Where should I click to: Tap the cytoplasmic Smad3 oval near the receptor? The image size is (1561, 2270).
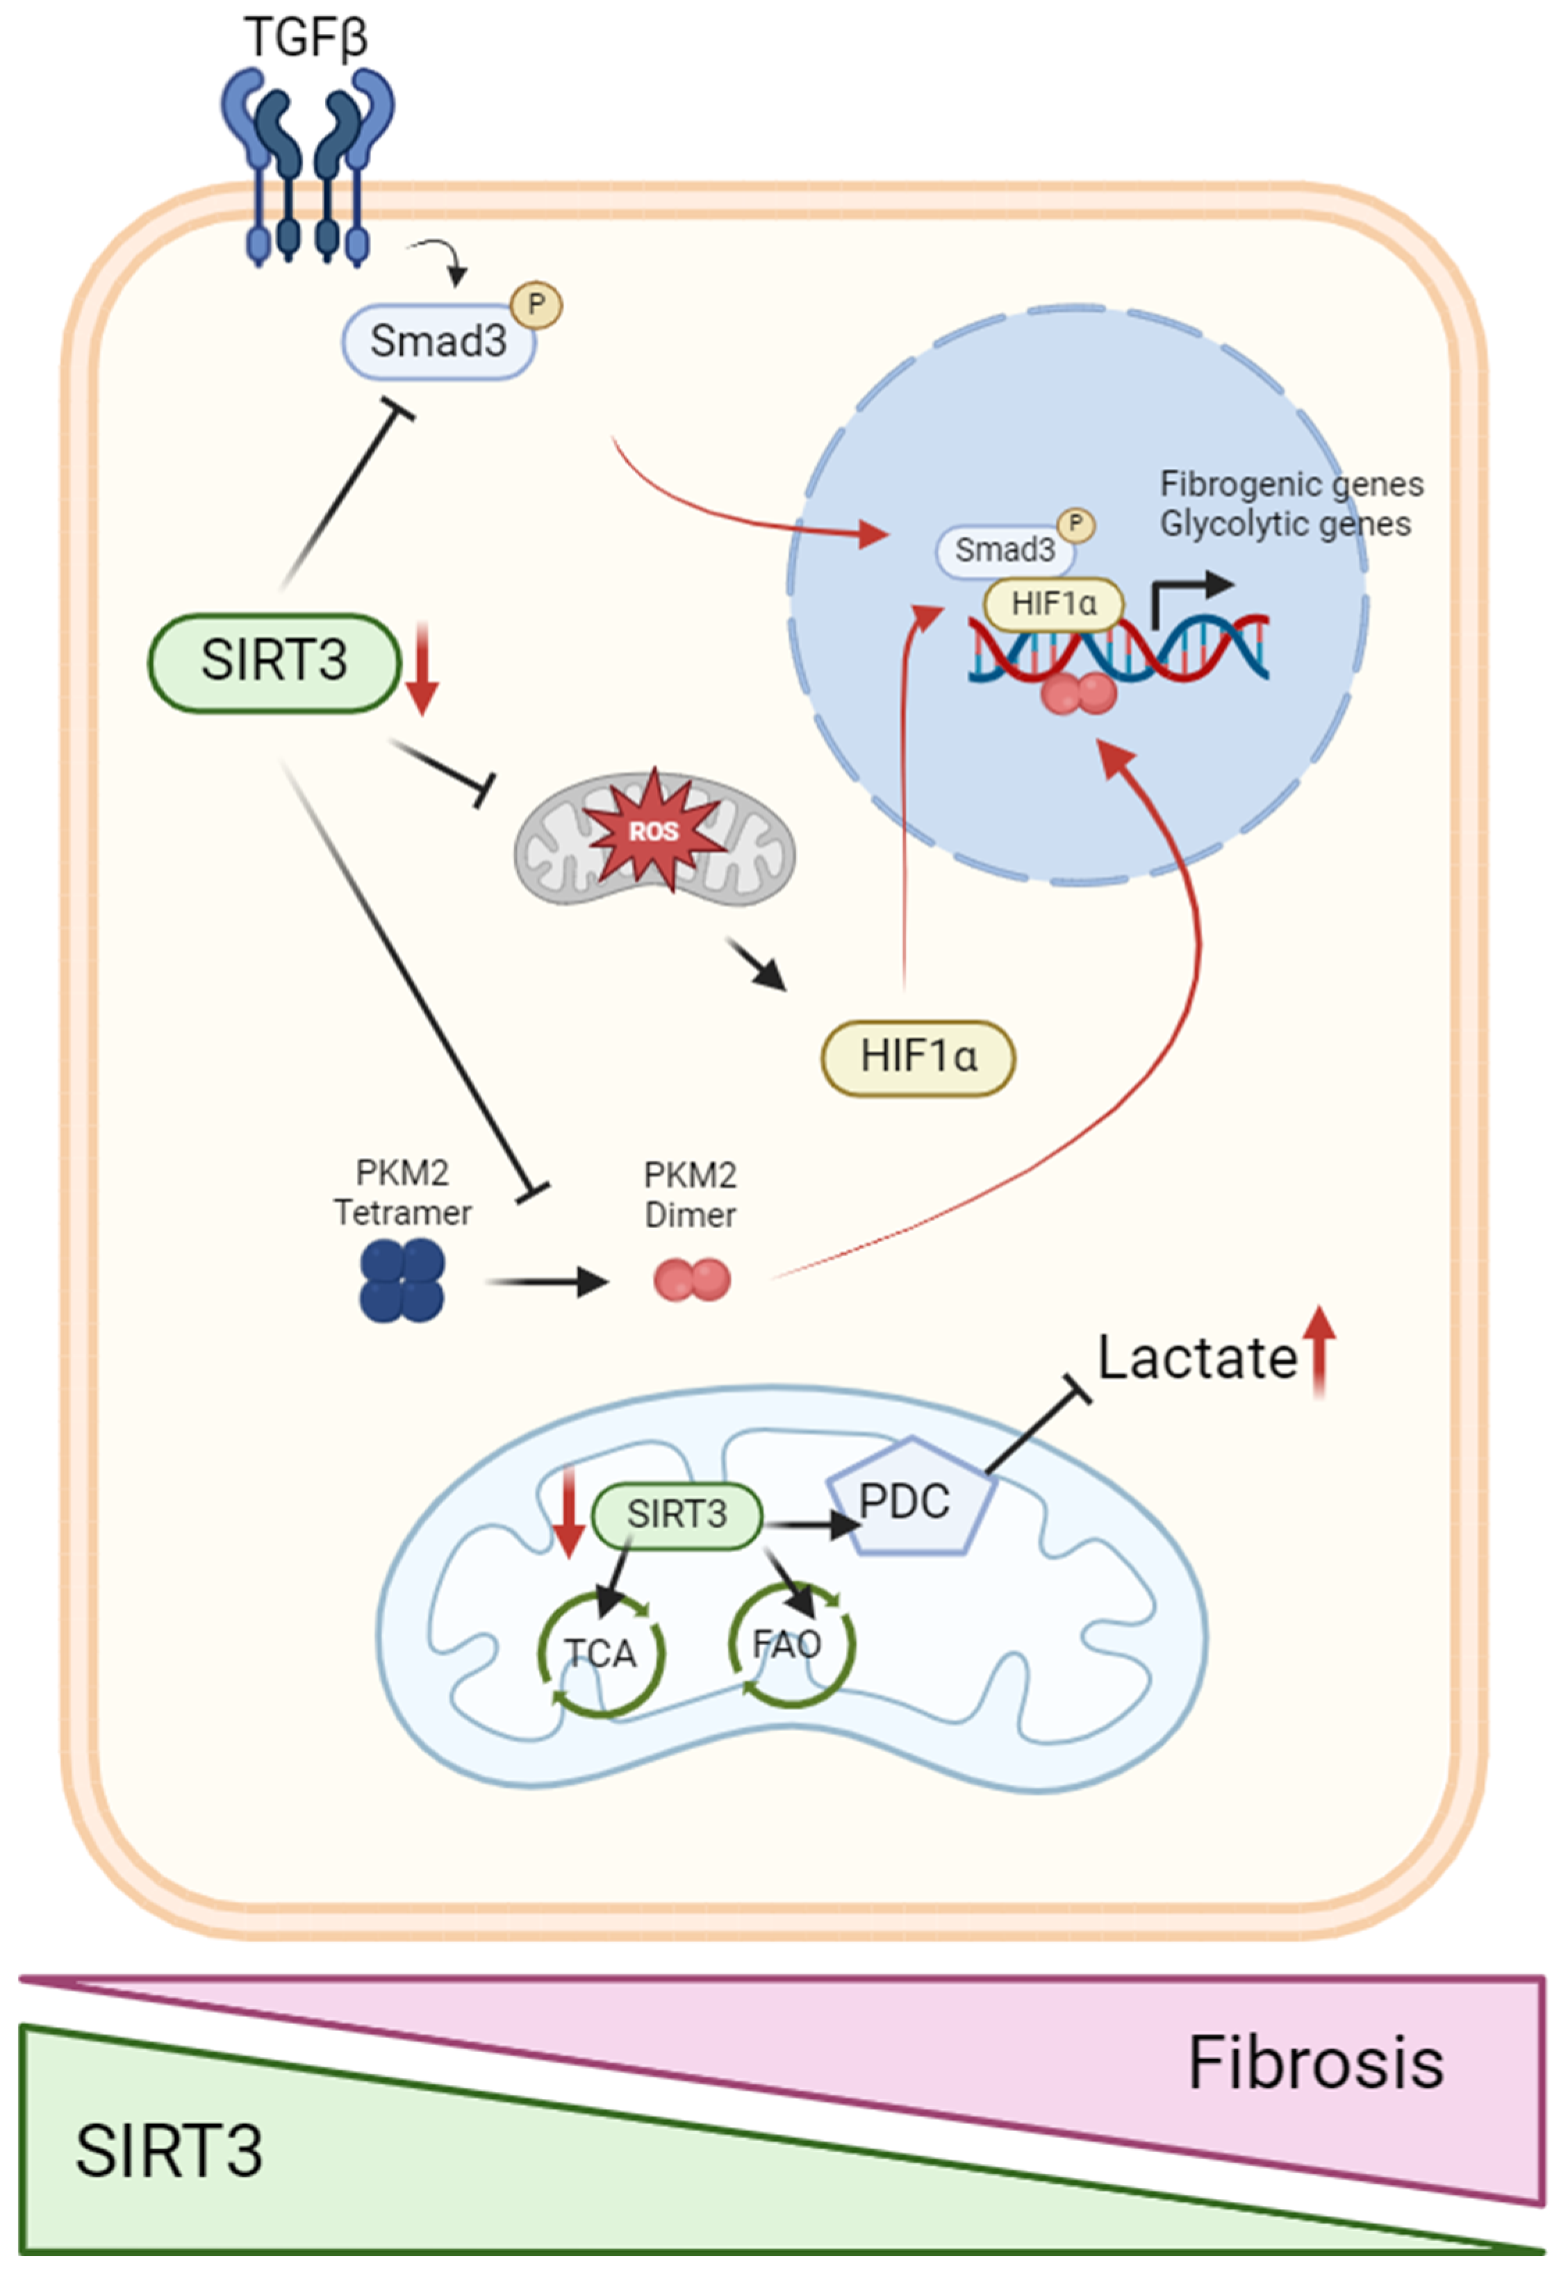tap(438, 341)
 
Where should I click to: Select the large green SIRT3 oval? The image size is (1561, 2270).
tap(275, 661)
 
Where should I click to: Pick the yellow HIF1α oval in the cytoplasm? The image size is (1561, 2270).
tap(918, 1057)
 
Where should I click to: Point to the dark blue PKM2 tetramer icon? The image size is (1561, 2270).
tap(402, 1280)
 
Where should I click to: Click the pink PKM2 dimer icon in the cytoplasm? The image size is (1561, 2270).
tap(691, 1280)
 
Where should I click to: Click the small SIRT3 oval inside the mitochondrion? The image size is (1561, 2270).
tap(677, 1514)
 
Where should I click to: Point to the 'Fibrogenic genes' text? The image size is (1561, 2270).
tap(1291, 484)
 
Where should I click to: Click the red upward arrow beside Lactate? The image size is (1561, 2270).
tap(1321, 1350)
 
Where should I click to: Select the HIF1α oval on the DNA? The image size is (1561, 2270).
tap(1053, 604)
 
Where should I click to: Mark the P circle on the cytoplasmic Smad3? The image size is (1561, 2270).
tap(536, 305)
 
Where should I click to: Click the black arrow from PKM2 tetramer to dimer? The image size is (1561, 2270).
tap(547, 1281)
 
